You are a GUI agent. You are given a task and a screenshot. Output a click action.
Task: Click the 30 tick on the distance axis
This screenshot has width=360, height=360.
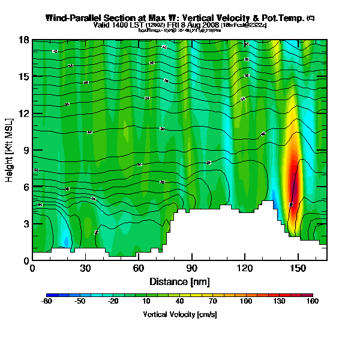(x=85, y=267)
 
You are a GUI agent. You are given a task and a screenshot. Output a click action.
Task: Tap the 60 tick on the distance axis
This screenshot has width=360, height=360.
(x=138, y=267)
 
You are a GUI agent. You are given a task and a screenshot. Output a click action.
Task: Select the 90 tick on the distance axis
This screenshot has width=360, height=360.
(x=191, y=267)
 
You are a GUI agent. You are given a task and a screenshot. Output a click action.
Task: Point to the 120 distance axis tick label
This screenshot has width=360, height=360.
(x=245, y=267)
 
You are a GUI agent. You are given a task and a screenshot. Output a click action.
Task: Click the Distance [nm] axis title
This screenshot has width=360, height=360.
(x=179, y=281)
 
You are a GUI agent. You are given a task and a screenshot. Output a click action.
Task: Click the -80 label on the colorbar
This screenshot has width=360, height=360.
(x=46, y=302)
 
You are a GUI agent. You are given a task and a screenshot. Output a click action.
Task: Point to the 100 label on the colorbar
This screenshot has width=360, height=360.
(x=246, y=302)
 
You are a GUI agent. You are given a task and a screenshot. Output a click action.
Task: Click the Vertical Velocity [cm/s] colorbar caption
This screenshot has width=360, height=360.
(x=179, y=314)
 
